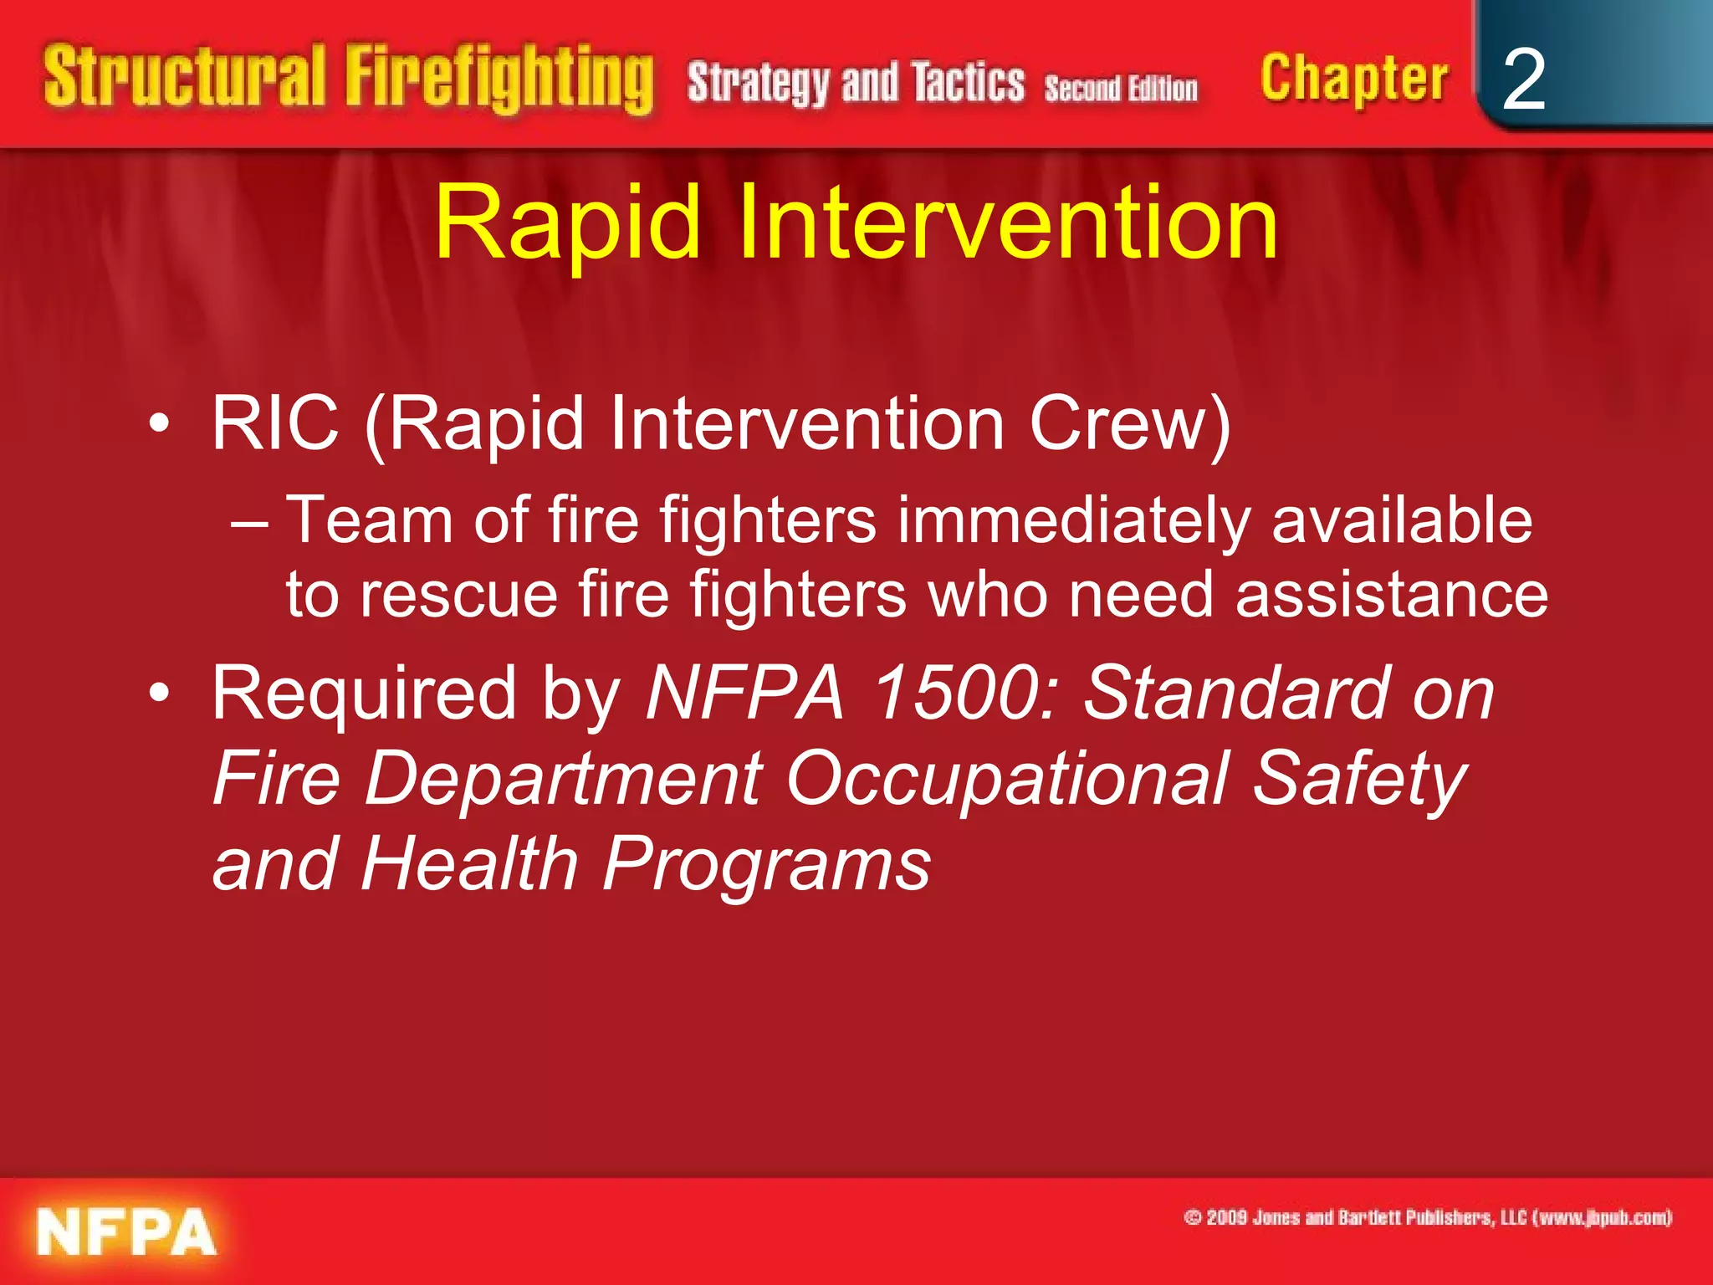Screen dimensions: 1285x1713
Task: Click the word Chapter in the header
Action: [1353, 79]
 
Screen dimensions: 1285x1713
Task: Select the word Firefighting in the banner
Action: [499, 79]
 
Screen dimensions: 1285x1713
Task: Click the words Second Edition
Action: [1121, 88]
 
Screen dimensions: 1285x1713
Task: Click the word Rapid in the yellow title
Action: [567, 223]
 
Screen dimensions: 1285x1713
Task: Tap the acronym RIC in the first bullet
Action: [275, 423]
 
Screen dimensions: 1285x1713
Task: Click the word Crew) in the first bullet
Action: [1129, 423]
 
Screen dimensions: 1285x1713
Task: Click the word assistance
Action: [1392, 595]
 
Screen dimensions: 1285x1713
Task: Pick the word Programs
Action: [766, 864]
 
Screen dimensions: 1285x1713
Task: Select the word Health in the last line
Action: [469, 864]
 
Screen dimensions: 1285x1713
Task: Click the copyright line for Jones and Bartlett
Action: [1428, 1217]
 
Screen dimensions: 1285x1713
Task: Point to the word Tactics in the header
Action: [968, 84]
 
